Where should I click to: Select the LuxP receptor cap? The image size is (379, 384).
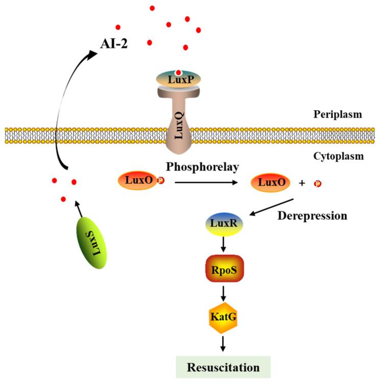178,79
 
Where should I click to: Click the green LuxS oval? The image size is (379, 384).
94,243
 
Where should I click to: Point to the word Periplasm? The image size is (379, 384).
337,115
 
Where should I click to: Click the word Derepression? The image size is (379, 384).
312,215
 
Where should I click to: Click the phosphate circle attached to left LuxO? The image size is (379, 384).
161,181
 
